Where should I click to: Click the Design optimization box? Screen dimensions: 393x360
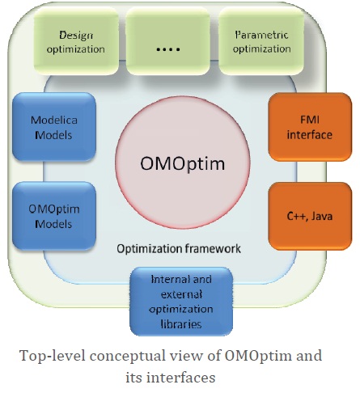(x=82, y=42)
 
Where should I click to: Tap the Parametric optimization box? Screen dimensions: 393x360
(x=262, y=42)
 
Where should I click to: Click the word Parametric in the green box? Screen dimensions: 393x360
(x=262, y=36)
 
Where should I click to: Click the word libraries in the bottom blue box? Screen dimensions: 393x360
(x=181, y=324)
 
